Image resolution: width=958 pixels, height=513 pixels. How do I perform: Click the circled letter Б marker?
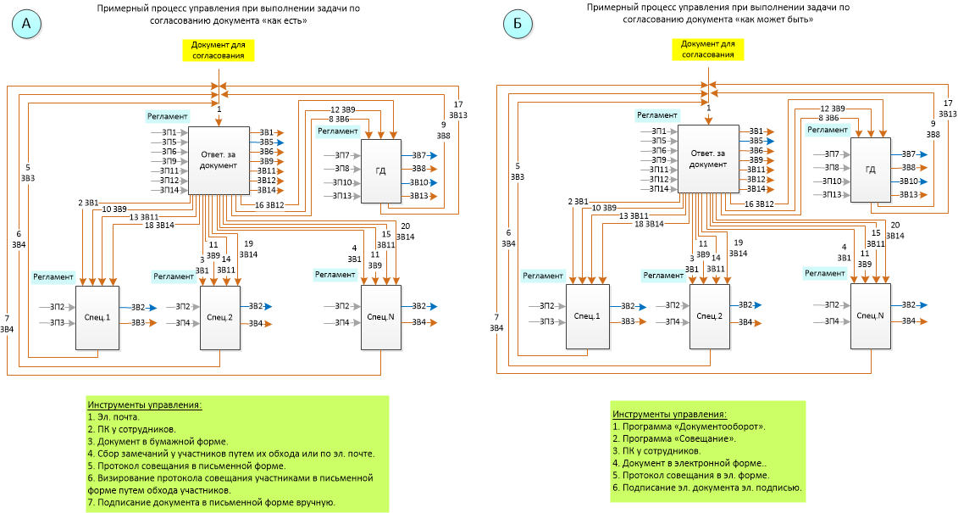pyautogui.click(x=518, y=25)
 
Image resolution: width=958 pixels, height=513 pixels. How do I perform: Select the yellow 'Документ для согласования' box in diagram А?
pyautogui.click(x=218, y=50)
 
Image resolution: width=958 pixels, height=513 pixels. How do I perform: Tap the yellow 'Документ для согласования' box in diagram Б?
pyautogui.click(x=708, y=49)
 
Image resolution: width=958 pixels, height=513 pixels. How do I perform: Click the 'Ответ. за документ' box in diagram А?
pyautogui.click(x=218, y=160)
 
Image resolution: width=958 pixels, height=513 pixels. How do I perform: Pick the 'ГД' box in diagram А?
pyautogui.click(x=380, y=171)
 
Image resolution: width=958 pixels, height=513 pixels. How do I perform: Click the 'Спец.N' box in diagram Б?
pyautogui.click(x=870, y=315)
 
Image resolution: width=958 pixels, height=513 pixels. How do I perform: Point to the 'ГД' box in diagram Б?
pyautogui.click(x=871, y=170)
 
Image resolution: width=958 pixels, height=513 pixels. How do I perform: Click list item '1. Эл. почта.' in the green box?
pyautogui.click(x=114, y=416)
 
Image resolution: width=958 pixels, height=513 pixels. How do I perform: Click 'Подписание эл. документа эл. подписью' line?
pyautogui.click(x=706, y=488)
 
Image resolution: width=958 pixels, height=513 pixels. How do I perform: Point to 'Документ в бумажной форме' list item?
pyautogui.click(x=158, y=441)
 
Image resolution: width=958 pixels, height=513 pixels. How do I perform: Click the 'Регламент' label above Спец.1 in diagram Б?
pyautogui.click(x=542, y=276)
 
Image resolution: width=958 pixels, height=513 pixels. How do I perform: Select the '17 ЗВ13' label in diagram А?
pyautogui.click(x=458, y=109)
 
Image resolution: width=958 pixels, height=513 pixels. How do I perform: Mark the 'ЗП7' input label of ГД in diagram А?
pyautogui.click(x=341, y=155)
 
